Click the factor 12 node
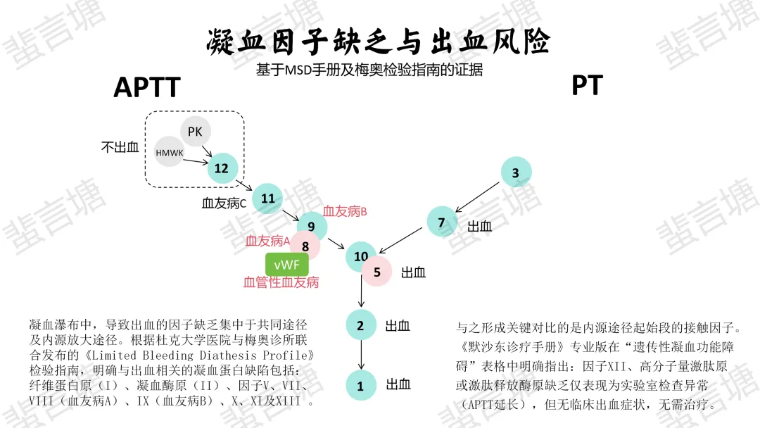click(222, 169)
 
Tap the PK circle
click(195, 132)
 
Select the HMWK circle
click(169, 152)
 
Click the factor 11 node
click(267, 199)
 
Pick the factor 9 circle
click(312, 227)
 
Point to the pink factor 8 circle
click(305, 246)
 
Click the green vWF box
click(287, 264)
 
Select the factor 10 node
click(360, 257)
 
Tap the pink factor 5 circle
click(377, 272)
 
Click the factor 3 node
click(516, 172)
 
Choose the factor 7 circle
click(442, 222)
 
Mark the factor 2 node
click(361, 325)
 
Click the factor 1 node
click(361, 385)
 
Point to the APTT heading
click(147, 88)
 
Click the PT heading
click(587, 86)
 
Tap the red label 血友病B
click(346, 211)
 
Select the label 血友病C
click(224, 204)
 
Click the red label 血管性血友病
click(281, 283)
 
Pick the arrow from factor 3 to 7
click(479, 197)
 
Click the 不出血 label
click(120, 147)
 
